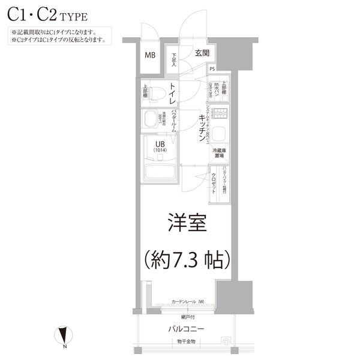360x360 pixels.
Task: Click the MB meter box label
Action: coord(150,56)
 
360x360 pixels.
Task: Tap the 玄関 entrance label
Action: coord(202,53)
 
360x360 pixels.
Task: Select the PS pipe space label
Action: coord(212,69)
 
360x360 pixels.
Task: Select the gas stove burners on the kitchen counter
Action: coord(220,113)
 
